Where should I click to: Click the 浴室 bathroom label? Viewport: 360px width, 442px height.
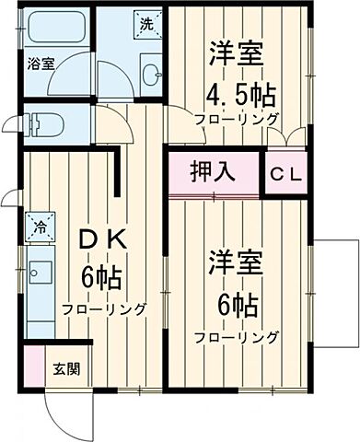tap(40, 64)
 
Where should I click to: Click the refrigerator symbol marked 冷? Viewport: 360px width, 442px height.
tap(41, 224)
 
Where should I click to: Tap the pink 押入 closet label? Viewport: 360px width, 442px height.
tap(214, 171)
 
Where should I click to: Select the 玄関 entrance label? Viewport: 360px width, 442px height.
tap(65, 369)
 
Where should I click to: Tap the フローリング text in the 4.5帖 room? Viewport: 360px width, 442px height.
tap(237, 120)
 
